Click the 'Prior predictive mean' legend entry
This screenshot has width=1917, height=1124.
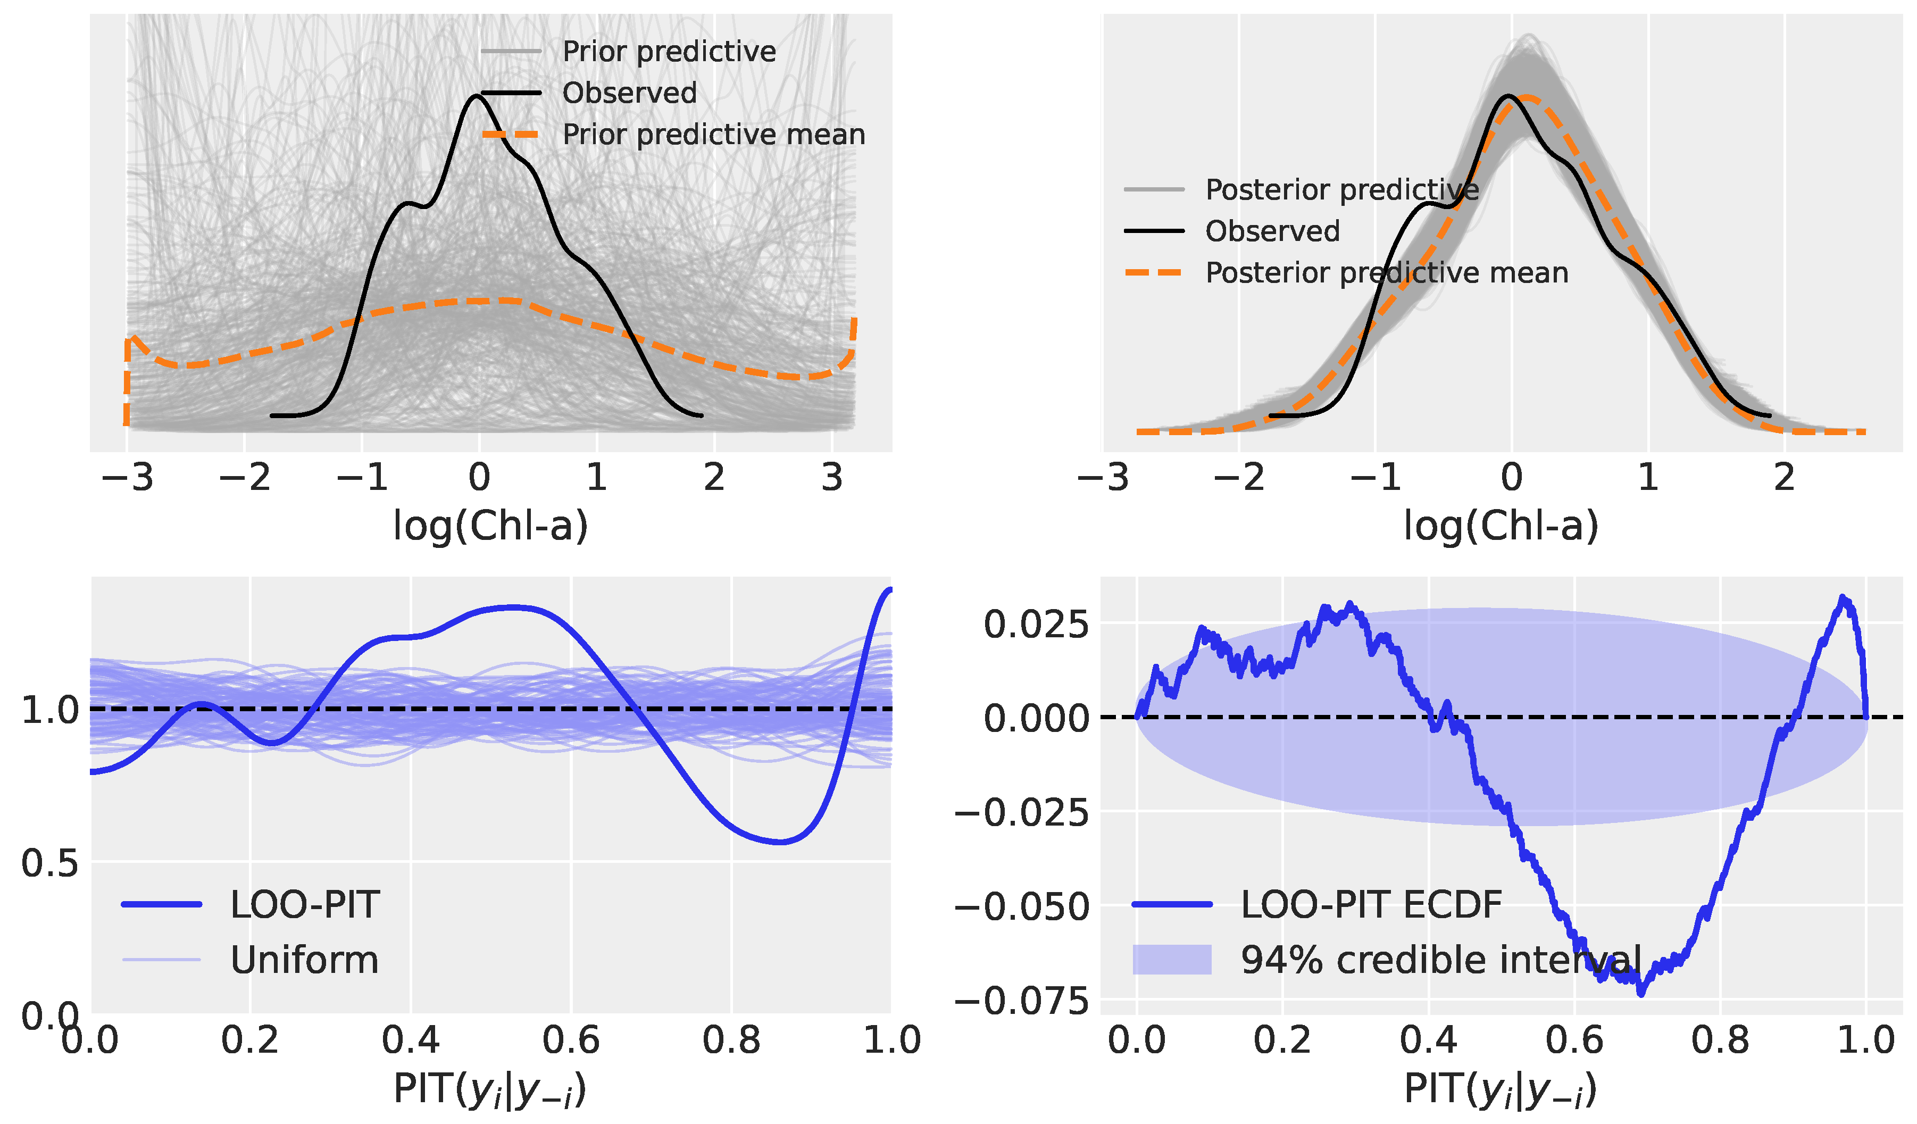pos(713,135)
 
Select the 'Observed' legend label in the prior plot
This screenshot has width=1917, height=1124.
pos(629,93)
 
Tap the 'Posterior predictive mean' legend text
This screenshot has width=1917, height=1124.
pos(1386,272)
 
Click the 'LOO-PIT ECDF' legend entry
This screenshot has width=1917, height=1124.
pos(1371,905)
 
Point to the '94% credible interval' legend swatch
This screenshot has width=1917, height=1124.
pos(1171,960)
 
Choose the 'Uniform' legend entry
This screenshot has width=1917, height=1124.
pos(304,960)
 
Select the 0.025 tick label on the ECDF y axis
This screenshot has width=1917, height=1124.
pos(1036,625)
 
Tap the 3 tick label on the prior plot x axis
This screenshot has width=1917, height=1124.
pos(832,478)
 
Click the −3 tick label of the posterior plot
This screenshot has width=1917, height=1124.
pos(1103,478)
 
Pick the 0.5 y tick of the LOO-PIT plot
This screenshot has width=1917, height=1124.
pos(50,863)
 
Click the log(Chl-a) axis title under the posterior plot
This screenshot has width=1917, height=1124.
pos(1500,525)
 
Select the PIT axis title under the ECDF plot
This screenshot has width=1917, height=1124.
pos(1500,1089)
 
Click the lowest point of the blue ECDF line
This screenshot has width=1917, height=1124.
pos(1641,993)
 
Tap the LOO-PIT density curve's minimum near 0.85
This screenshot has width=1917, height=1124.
pos(780,842)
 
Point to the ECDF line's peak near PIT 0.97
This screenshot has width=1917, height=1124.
pos(1841,598)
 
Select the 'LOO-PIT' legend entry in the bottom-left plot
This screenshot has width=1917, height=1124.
pos(304,905)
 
